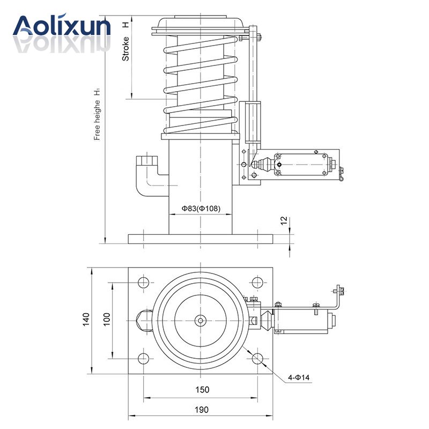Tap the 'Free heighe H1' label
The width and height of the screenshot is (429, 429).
pyautogui.click(x=97, y=114)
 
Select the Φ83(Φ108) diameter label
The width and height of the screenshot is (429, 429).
pyautogui.click(x=201, y=209)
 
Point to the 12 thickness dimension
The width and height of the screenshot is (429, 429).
pyautogui.click(x=284, y=221)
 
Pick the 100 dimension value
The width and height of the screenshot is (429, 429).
pyautogui.click(x=106, y=320)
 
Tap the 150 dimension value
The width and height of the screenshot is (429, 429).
pyautogui.click(x=202, y=390)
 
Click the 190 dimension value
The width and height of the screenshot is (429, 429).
pyautogui.click(x=202, y=410)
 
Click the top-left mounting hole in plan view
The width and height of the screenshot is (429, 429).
pyautogui.click(x=143, y=283)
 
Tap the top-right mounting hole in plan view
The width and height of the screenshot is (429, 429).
pyautogui.click(x=258, y=283)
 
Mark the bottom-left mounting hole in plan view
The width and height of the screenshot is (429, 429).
pyautogui.click(x=143, y=359)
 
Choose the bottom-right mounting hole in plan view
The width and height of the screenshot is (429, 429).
pyautogui.click(x=258, y=359)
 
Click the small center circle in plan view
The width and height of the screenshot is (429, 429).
pyautogui.click(x=201, y=321)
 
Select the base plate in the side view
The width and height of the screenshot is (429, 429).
pyautogui.click(x=200, y=238)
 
